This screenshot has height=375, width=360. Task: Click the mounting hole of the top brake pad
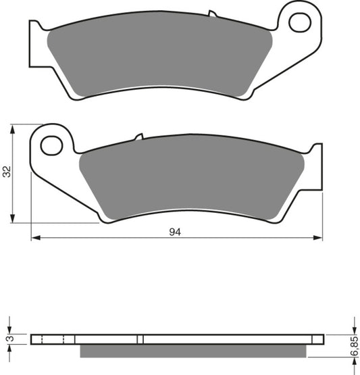click(299, 22)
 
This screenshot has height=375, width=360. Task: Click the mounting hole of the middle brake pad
click(51, 145)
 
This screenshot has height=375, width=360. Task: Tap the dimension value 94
click(175, 232)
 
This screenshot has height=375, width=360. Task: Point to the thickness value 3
click(7, 339)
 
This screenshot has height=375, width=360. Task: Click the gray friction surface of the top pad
click(159, 57)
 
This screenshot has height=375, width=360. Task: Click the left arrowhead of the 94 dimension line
click(35, 238)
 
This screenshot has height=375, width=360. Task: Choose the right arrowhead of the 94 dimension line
click(319, 238)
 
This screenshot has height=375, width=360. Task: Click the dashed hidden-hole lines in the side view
click(53, 339)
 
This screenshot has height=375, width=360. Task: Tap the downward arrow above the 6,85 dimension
click(352, 330)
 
